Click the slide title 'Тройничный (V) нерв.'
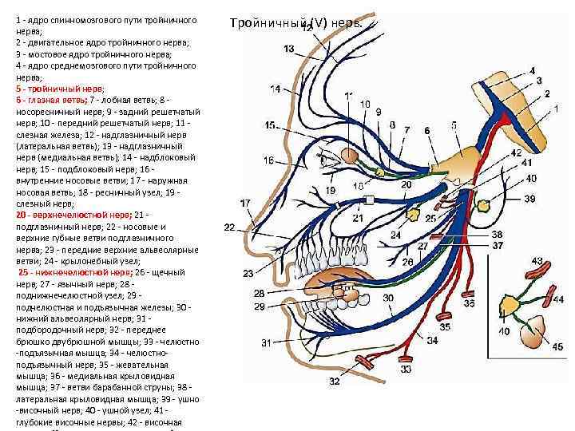tap(295, 23)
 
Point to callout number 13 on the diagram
tap(288, 49)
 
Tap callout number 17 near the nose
tap(245, 204)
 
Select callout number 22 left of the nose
tap(229, 228)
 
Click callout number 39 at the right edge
tap(530, 199)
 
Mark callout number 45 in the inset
tap(557, 346)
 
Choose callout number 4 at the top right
tap(533, 71)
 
